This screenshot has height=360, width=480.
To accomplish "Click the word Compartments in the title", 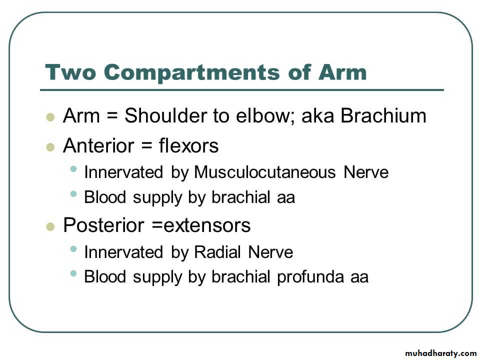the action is [x=191, y=73].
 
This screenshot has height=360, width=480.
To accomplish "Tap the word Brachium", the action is [x=383, y=115].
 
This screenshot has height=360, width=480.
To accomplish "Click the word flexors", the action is [x=189, y=145].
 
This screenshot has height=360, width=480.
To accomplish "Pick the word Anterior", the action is [x=98, y=145].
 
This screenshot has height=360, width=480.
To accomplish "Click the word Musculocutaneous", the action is [x=265, y=172].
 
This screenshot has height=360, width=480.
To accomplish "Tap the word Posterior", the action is [x=103, y=225].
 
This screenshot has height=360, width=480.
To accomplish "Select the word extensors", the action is [x=207, y=225].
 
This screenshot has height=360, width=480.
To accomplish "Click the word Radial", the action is [x=217, y=252].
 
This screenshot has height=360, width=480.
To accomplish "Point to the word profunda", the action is [x=310, y=276].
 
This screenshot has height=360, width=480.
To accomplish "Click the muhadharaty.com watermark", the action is [x=441, y=353].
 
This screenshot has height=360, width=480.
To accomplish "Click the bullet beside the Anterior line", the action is [x=50, y=147].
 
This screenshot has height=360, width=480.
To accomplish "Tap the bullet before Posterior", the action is [x=50, y=227].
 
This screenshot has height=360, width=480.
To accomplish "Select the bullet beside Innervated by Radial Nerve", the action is [x=73, y=248].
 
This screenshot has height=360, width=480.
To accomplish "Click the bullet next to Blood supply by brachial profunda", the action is [x=73, y=273].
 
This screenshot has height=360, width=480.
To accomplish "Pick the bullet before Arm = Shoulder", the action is [x=50, y=117].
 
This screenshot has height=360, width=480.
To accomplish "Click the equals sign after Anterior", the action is [x=147, y=146].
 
